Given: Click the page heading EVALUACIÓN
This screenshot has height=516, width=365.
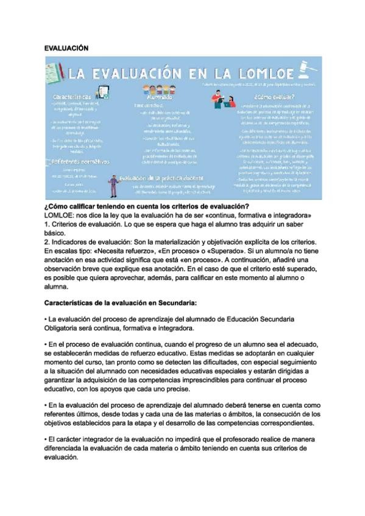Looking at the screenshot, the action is coord(66,47).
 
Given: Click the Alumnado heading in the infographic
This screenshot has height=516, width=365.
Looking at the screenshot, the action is coord(160,97).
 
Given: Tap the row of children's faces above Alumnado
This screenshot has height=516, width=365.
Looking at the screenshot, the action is coord(160,88).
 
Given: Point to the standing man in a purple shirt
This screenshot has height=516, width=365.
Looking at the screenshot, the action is coord(113,185).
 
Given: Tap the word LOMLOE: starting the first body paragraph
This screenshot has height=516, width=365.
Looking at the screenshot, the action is coord(60,216).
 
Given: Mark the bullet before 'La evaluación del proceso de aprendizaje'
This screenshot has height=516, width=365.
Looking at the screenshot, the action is coord(46,319).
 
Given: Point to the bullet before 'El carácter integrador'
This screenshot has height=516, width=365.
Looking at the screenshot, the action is coord(46,440).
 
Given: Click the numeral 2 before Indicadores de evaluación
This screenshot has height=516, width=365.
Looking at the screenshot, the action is coord(47,242).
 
